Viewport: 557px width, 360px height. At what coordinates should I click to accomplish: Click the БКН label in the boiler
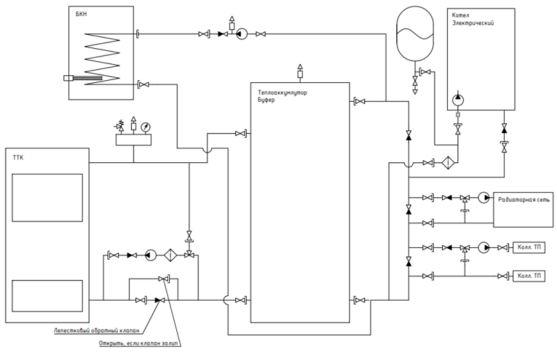coord(81,14)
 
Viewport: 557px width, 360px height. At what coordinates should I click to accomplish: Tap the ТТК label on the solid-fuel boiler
coord(18,157)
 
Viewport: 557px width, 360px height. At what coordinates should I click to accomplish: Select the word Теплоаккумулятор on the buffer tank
coord(283,93)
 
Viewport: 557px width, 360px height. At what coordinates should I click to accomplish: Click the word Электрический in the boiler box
coord(473,23)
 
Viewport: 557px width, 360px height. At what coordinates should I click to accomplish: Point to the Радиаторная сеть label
coord(524,200)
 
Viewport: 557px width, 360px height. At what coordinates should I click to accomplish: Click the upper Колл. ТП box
coord(529,247)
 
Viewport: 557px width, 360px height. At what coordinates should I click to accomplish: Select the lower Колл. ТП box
coord(529,276)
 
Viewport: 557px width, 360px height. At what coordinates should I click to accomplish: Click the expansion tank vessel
coord(415,33)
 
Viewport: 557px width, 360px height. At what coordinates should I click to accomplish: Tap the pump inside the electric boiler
coord(458,100)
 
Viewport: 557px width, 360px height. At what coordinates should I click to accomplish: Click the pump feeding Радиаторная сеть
coord(483,198)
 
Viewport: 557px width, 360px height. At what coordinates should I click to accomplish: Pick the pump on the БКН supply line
coord(242,34)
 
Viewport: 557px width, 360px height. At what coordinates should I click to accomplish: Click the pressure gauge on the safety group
coord(146,127)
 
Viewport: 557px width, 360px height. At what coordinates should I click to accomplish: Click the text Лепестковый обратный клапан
coord(97,331)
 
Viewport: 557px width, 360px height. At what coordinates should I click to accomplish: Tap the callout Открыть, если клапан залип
coord(139,344)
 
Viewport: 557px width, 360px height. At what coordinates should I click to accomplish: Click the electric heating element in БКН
coord(82,78)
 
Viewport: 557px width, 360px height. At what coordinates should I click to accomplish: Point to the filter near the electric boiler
coord(448,163)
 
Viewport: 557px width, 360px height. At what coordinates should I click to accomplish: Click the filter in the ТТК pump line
coord(171,255)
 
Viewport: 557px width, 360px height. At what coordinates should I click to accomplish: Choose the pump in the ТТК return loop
coord(150,255)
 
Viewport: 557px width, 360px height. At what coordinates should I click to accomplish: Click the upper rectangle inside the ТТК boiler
coord(47,198)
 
